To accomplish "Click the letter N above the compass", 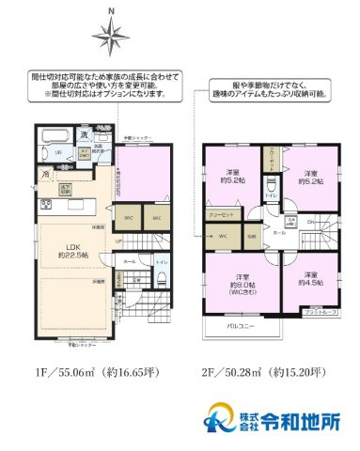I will click(111, 11).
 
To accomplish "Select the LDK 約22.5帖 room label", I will click(71, 251).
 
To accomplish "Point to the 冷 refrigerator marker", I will click(45, 175).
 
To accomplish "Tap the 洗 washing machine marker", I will click(84, 133).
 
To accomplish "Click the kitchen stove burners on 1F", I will click(45, 204).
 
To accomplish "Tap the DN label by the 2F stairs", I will click(310, 221).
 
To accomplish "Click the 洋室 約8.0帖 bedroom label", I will click(243, 285).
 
